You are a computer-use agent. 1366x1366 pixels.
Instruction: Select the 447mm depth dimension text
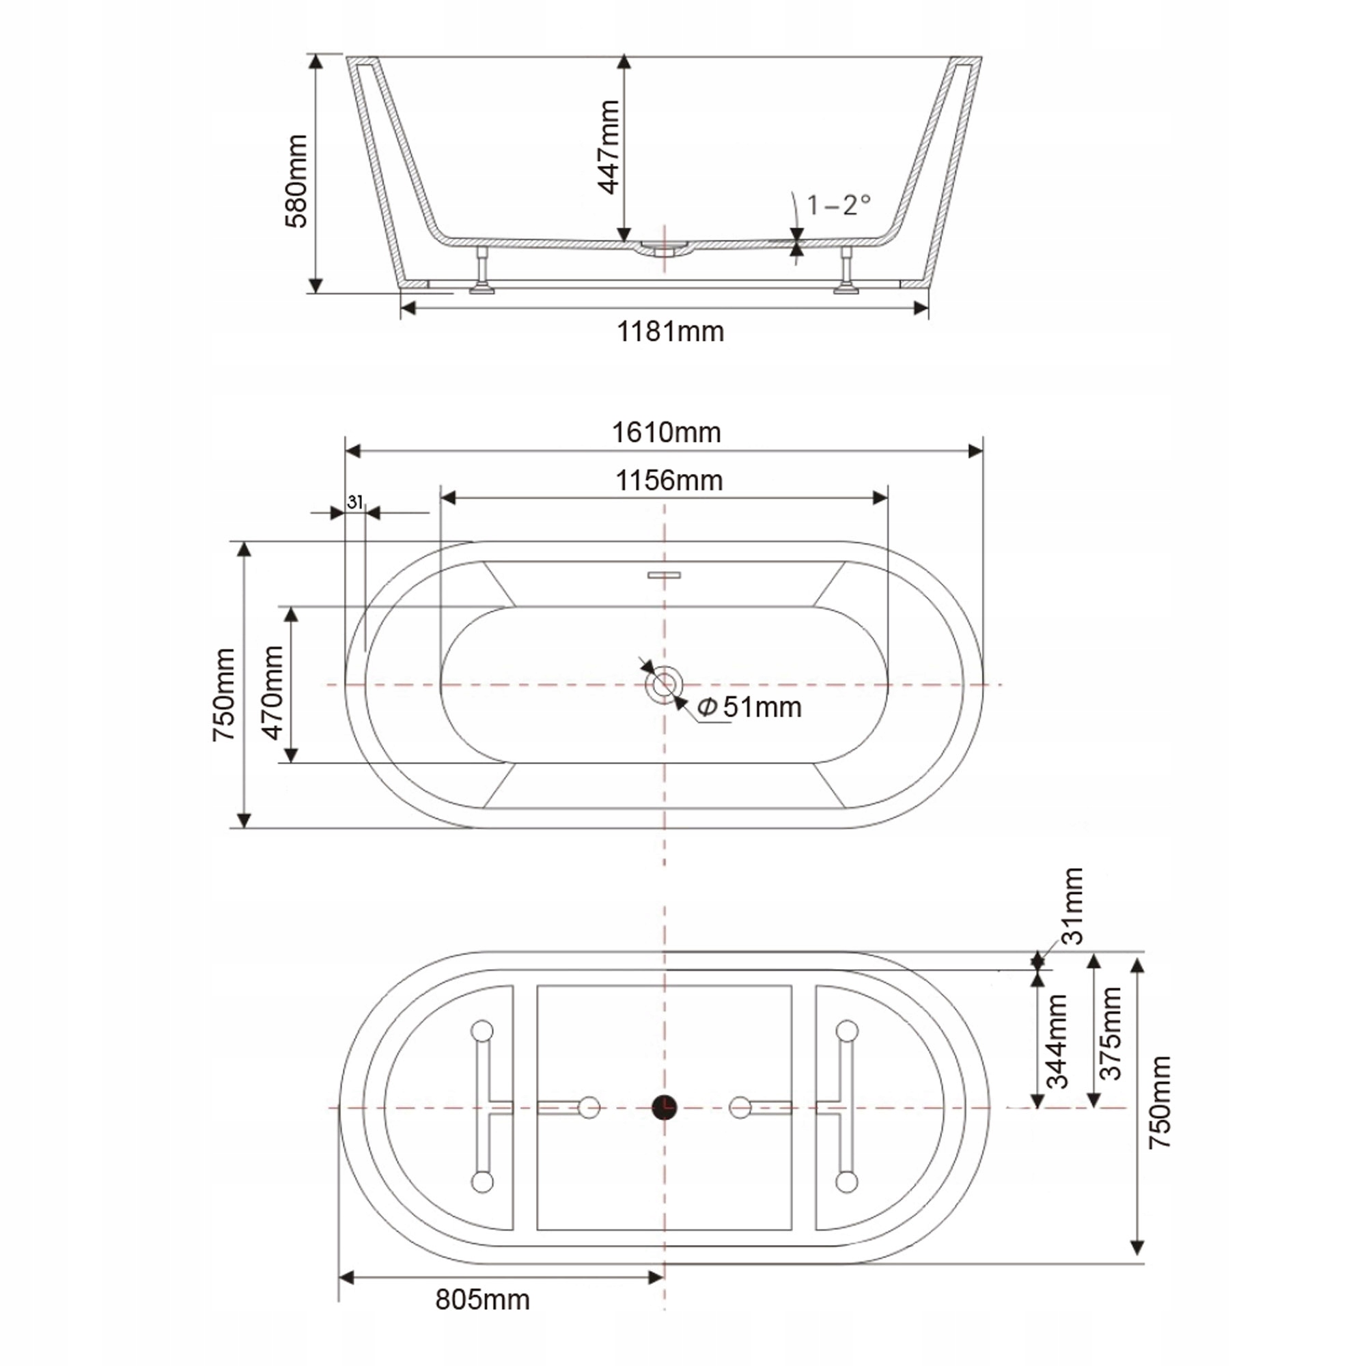[x=608, y=147]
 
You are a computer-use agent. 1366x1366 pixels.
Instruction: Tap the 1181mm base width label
[x=670, y=332]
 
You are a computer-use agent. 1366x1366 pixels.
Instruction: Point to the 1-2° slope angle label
[x=839, y=205]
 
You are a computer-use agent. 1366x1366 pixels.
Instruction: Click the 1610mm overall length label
[x=666, y=433]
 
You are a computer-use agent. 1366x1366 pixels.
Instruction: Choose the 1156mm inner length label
[x=669, y=481]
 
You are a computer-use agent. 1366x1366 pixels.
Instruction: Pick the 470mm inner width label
[x=273, y=692]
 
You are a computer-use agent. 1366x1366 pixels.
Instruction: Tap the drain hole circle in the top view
[x=664, y=684]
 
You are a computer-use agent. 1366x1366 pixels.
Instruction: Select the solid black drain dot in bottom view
[x=664, y=1106]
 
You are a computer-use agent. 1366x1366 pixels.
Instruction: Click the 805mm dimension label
[x=482, y=1300]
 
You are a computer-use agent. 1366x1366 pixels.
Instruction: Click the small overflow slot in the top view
[x=664, y=574]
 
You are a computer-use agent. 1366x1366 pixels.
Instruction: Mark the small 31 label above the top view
[x=355, y=502]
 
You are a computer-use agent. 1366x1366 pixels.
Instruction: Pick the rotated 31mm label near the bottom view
[x=1073, y=906]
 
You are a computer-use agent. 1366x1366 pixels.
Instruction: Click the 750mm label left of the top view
[x=224, y=695]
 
